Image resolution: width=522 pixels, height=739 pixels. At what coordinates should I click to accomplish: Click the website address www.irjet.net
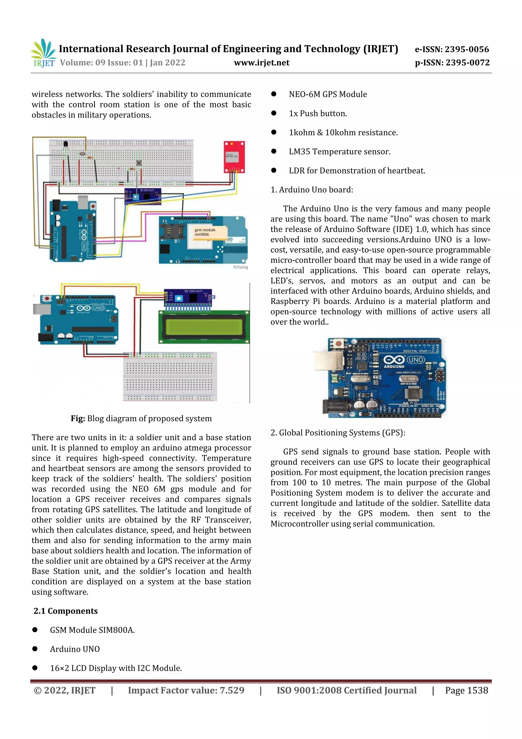[262, 63]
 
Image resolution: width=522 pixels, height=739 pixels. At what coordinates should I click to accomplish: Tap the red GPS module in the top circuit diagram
[234, 156]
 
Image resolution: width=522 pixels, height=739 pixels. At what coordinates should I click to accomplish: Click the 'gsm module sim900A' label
[205, 232]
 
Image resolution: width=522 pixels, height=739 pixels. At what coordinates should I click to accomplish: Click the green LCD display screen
[204, 327]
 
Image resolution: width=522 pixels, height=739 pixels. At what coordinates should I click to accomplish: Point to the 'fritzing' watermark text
[240, 267]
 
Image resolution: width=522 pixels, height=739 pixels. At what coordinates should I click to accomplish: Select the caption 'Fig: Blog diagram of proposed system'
[141, 418]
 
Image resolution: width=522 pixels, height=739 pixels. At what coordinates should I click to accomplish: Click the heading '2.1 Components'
[66, 611]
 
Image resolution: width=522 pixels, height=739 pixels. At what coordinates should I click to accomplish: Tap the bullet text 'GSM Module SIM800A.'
[92, 630]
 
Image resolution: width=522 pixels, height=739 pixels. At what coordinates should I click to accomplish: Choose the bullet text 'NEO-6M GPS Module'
[328, 94]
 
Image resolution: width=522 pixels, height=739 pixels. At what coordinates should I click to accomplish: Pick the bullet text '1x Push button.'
[318, 113]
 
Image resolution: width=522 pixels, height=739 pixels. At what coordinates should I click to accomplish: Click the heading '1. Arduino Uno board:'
[312, 190]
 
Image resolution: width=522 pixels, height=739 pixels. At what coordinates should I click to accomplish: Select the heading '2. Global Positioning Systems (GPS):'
[338, 433]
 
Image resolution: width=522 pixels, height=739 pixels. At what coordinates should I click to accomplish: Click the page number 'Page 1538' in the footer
[466, 690]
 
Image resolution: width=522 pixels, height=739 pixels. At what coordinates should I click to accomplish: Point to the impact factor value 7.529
[232, 690]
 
